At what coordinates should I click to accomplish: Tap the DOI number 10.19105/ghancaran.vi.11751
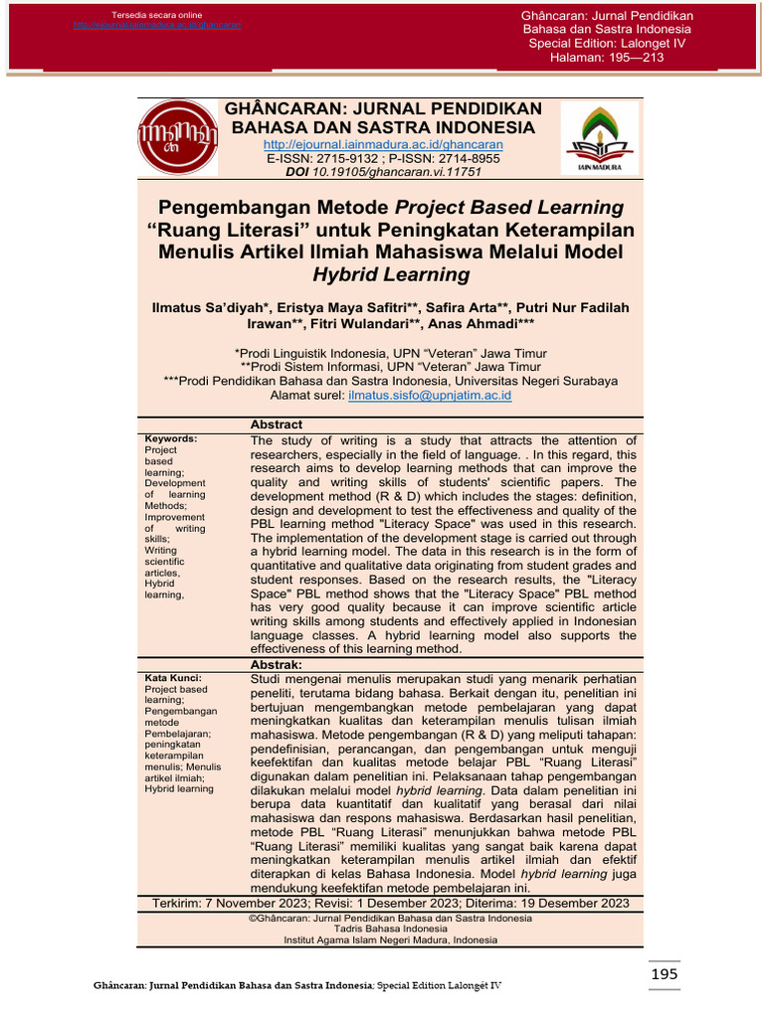coord(397,172)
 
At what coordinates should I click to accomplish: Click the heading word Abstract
coord(277,424)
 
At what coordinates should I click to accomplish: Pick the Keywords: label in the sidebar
coord(171,438)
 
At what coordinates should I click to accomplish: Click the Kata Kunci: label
coord(173,678)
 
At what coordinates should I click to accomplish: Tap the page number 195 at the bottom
coord(665,974)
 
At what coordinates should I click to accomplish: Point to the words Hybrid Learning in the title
coord(391,274)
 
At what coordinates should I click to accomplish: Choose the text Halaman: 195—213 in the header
coord(607,58)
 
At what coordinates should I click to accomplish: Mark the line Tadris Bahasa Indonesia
coord(391,929)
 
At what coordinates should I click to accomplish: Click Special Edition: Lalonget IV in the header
coord(608,44)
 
